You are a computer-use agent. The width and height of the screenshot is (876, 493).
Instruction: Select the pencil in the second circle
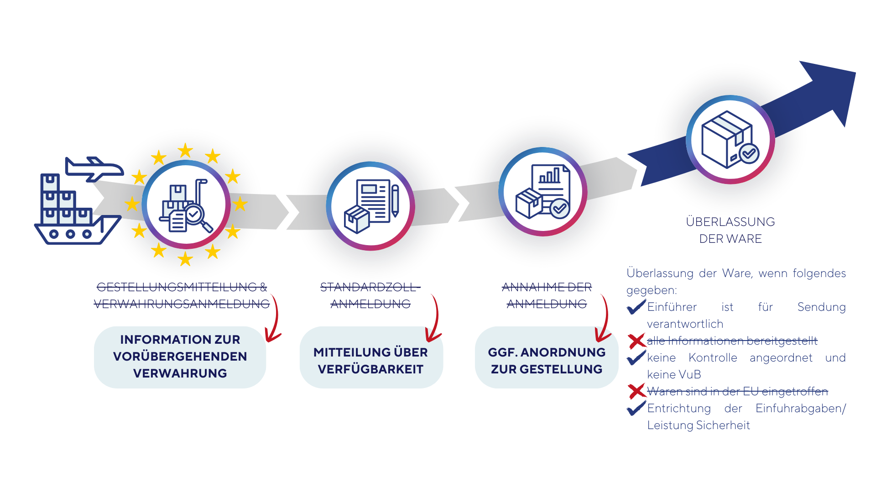click(x=395, y=200)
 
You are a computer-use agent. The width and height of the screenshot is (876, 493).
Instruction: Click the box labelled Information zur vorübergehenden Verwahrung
click(x=180, y=357)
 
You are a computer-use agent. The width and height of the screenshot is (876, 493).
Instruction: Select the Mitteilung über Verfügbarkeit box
click(x=370, y=361)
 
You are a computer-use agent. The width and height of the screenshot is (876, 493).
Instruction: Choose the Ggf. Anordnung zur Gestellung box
click(x=547, y=361)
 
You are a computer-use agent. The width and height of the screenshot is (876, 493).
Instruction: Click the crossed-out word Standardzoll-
click(x=370, y=287)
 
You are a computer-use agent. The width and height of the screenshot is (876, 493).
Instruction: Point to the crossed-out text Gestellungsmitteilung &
click(x=182, y=287)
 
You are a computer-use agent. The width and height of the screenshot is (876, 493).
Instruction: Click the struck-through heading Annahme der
click(x=547, y=287)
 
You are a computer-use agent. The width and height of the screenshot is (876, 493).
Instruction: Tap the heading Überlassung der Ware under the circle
click(x=730, y=230)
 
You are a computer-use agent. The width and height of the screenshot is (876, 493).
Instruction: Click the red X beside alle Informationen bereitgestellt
click(x=636, y=341)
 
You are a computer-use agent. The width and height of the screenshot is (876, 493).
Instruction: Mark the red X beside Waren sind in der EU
click(x=636, y=391)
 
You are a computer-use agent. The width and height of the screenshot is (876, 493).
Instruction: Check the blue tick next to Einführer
click(x=636, y=307)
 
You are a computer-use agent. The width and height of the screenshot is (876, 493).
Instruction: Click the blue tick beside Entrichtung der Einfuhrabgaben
click(x=636, y=408)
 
